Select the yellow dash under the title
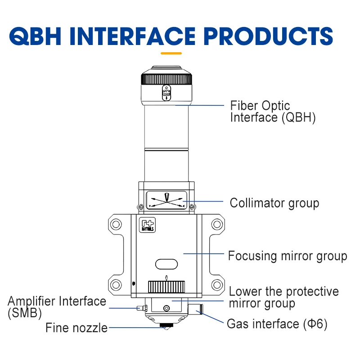tap(171, 53)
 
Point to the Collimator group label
tap(274, 203)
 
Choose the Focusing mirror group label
tap(288, 256)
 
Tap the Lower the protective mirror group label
tap(283, 297)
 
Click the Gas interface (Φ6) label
tap(277, 324)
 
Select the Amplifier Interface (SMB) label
tap(57, 306)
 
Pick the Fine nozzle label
tap(76, 328)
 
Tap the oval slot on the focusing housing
tap(166, 263)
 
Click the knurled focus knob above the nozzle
tap(166, 286)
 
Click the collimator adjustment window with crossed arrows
tap(166, 200)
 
